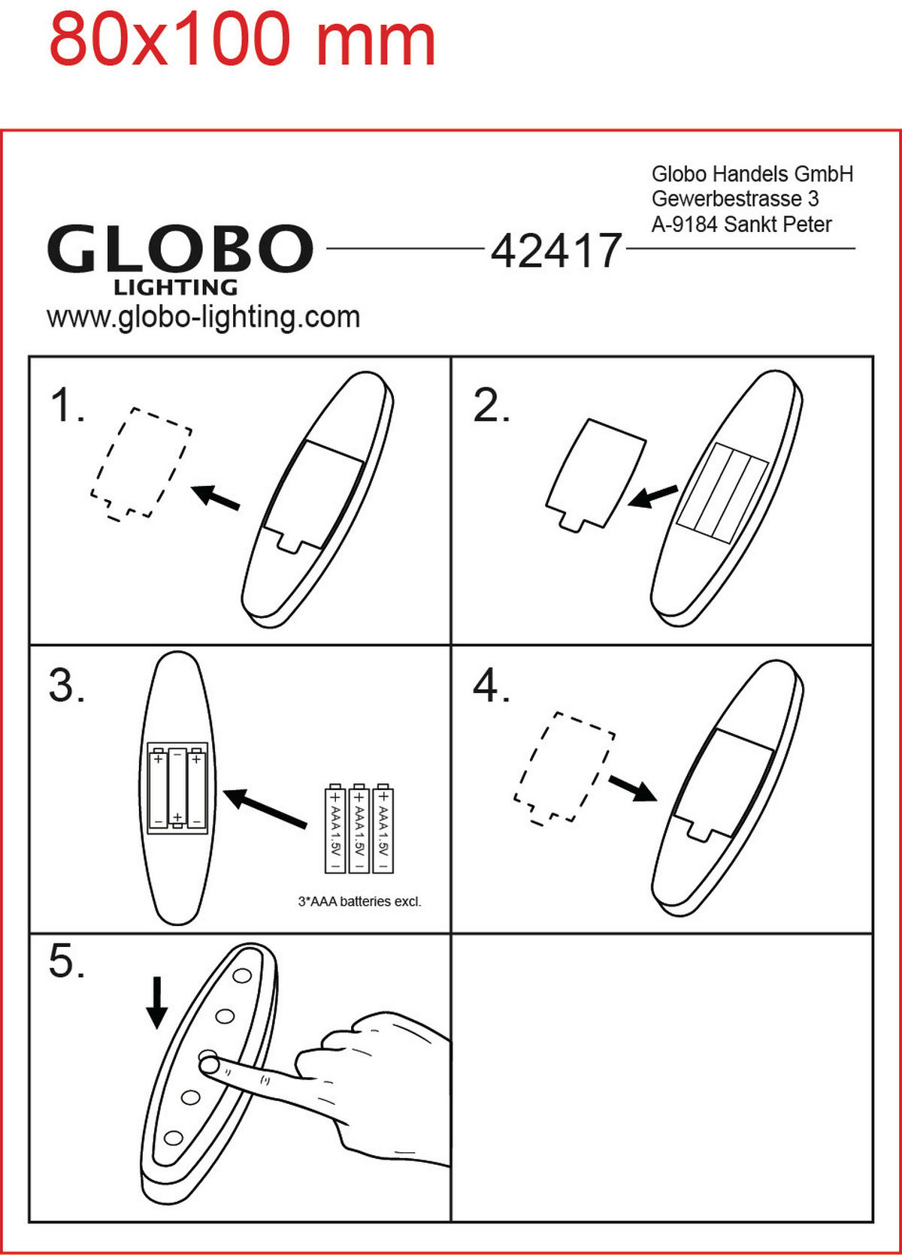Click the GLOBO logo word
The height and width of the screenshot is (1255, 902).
180,248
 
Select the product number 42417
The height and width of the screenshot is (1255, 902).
556,250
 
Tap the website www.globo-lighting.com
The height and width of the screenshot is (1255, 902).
203,318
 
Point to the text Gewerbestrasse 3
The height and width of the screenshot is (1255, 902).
735,199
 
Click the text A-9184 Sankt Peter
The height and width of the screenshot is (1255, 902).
741,225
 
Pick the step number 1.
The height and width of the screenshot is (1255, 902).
67,405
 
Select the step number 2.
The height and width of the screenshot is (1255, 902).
491,405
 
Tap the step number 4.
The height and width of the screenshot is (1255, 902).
491,686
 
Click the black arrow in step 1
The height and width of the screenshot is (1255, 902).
215,497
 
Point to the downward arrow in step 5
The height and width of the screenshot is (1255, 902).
156,1003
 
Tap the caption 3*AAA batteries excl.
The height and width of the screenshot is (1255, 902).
359,901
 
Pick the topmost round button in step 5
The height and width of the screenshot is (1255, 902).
243,976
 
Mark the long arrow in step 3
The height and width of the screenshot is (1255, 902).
265,808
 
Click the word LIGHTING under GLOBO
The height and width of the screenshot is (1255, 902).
176,288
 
